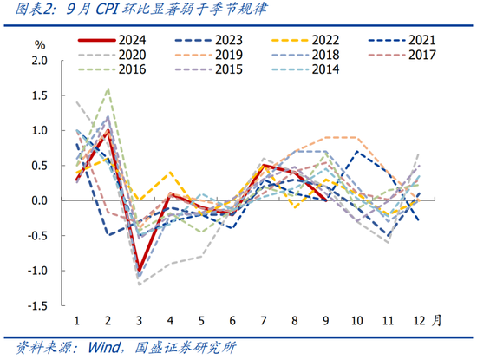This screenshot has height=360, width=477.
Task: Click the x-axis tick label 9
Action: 325,320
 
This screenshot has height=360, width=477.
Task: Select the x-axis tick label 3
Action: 139,320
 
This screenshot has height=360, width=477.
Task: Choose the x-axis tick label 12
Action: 418,320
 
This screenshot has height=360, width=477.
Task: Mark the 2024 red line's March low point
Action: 139,271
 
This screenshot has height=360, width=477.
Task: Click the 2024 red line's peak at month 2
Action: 108,131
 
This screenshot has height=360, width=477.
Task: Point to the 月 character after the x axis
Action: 436,319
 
